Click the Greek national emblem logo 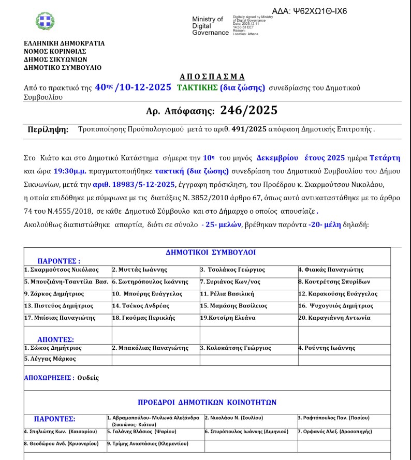[x=45, y=21]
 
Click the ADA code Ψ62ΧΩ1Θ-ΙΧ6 [x=309, y=11]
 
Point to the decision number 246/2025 [x=249, y=110]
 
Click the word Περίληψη [x=48, y=130]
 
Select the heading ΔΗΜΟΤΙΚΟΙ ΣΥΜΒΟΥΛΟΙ [x=211, y=253]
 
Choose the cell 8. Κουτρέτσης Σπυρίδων [x=334, y=281]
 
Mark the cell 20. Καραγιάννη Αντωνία [x=334, y=318]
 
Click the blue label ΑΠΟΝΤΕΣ [x=55, y=339]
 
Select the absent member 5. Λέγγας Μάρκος [x=50, y=359]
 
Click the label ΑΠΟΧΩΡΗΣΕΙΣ [x=48, y=378]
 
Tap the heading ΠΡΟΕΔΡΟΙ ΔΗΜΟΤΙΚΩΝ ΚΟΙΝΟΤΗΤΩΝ [x=207, y=402]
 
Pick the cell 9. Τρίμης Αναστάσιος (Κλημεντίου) [x=148, y=443]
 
